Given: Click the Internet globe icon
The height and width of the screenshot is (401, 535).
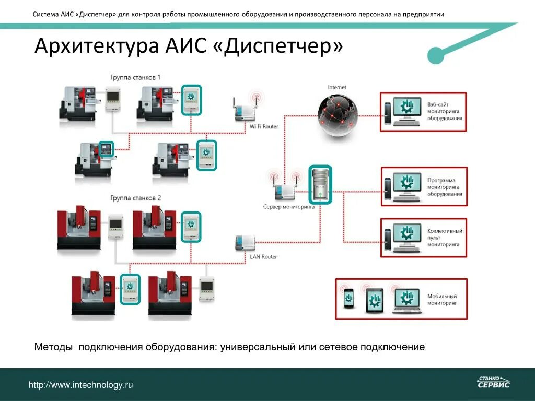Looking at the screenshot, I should [338, 114].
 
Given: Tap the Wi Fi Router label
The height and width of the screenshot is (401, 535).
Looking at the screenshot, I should [264, 126].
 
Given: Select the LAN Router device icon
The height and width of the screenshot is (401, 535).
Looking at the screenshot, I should [245, 243].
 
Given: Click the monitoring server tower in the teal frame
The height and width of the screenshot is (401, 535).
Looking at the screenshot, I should [320, 184].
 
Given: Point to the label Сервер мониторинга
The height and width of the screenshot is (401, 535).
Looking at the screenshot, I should [288, 207].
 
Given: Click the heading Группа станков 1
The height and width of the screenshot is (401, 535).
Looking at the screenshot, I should [135, 77].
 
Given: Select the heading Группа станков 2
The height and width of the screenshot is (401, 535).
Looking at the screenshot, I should [135, 198].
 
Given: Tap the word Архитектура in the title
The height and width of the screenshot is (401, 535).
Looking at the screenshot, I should [97, 46].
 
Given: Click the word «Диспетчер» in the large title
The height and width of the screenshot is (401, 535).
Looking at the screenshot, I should [278, 46].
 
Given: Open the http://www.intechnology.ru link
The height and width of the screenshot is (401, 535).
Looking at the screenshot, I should [81, 385].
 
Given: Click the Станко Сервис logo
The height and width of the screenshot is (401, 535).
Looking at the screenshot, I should [493, 382].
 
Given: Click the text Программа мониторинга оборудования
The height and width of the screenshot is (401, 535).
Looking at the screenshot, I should [445, 187].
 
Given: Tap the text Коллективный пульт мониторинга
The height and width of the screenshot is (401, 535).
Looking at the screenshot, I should [445, 237].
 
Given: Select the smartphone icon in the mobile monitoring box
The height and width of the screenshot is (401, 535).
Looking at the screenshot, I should [348, 299].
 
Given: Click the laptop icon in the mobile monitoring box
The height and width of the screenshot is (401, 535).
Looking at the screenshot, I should [406, 300].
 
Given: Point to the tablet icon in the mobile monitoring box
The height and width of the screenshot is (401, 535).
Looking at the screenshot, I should [374, 300].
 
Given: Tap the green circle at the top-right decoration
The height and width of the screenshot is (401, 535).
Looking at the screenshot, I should [436, 55].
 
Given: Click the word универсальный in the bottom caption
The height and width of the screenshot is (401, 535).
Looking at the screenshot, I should [257, 347].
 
